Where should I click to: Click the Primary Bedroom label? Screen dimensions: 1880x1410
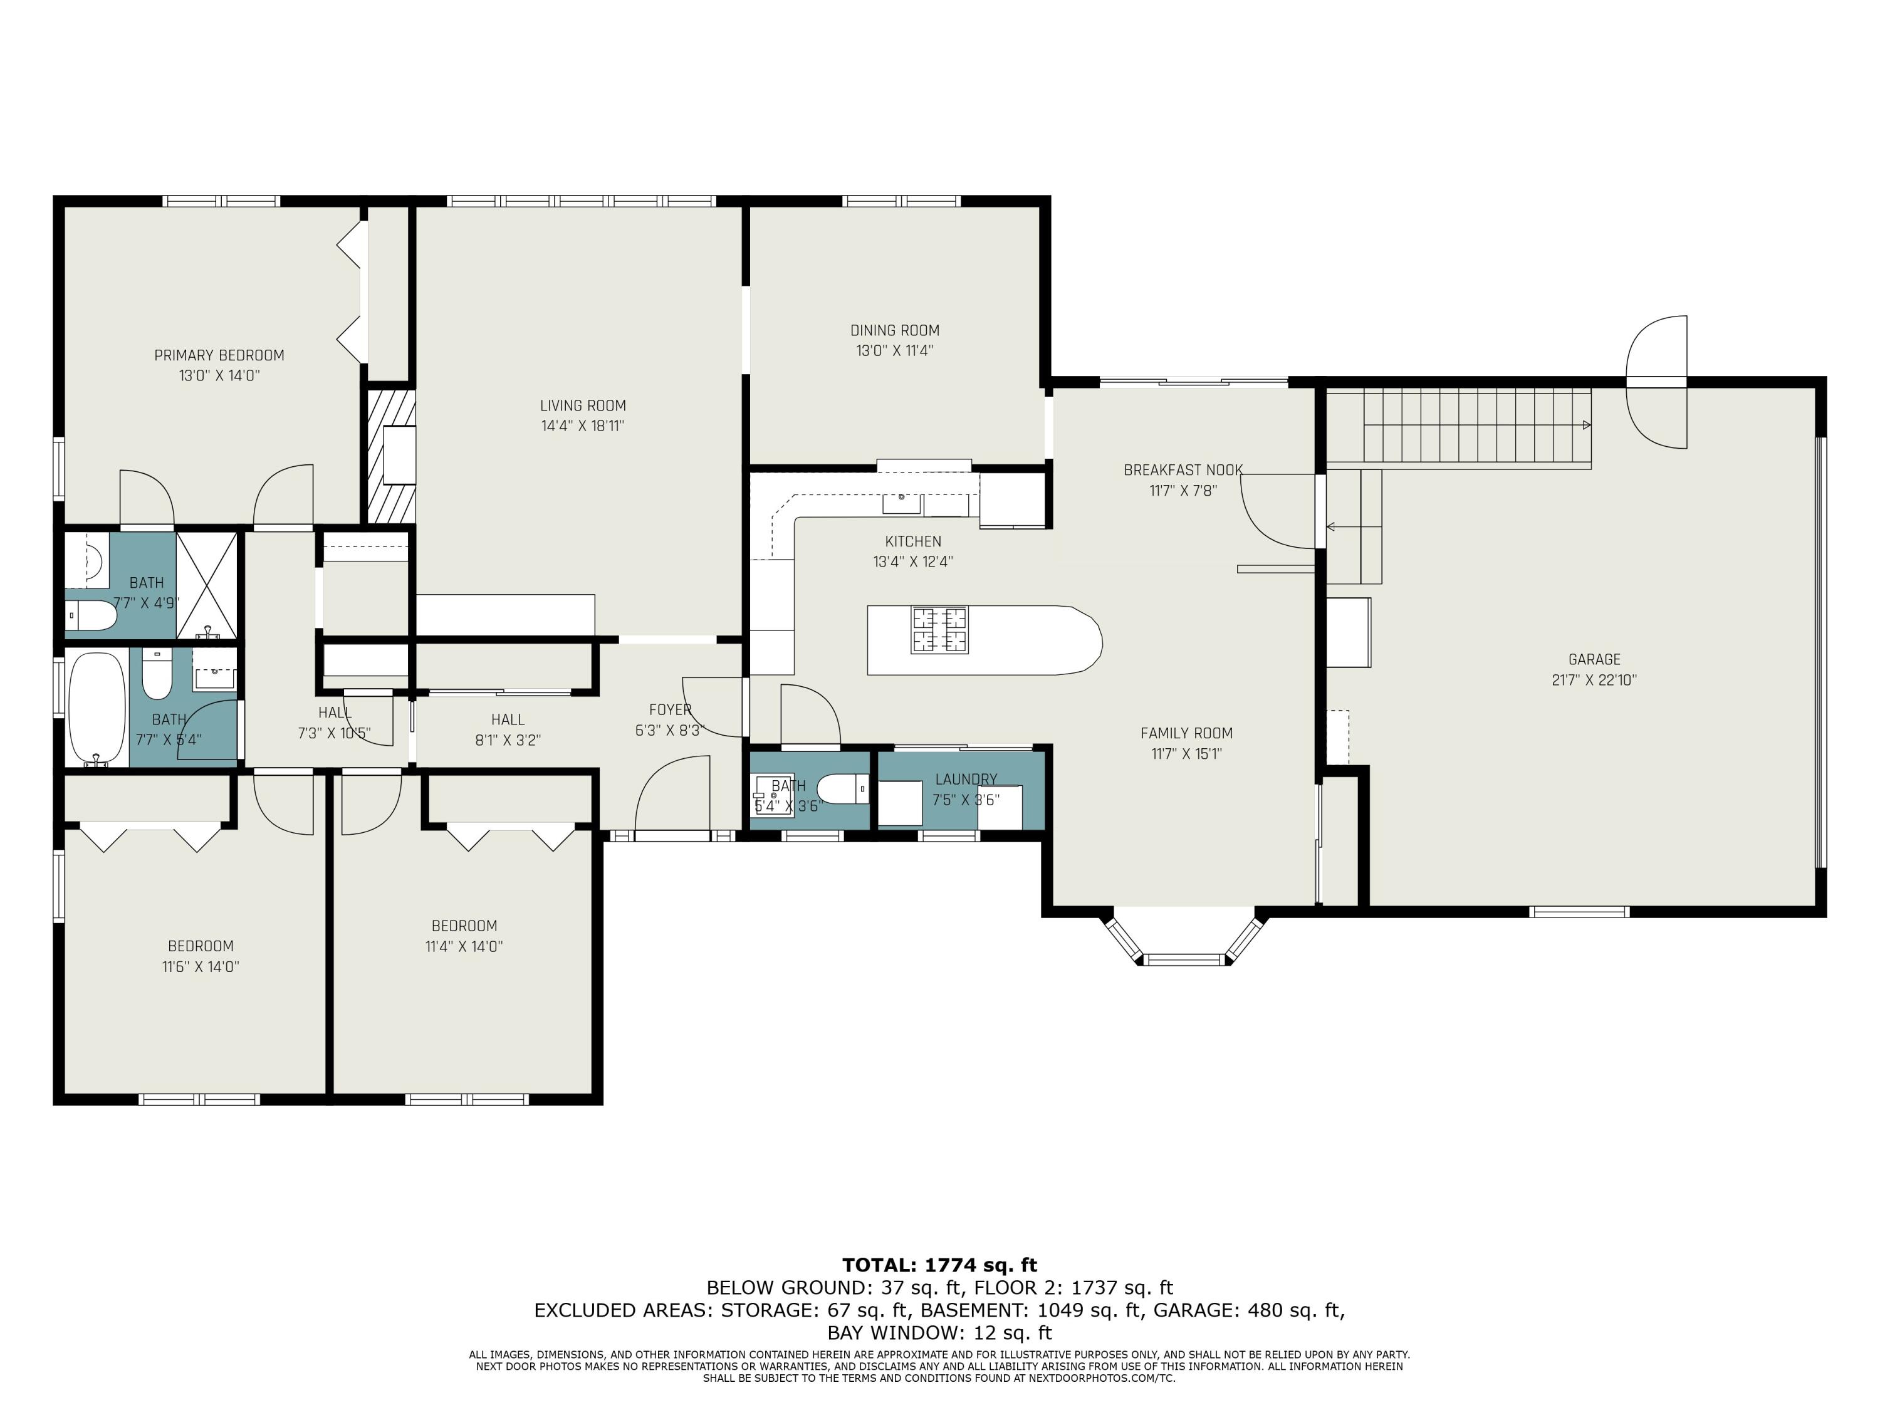pyautogui.click(x=219, y=355)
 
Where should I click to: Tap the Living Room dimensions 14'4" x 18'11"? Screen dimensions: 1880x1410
pyautogui.click(x=583, y=426)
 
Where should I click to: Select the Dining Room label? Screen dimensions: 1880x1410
pyautogui.click(x=895, y=331)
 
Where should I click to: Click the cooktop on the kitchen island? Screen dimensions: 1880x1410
pyautogui.click(x=939, y=629)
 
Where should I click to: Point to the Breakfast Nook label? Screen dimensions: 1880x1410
pyautogui.click(x=1183, y=470)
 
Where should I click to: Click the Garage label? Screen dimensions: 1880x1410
pyautogui.click(x=1594, y=659)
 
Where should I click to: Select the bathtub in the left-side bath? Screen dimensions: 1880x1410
pyautogui.click(x=96, y=709)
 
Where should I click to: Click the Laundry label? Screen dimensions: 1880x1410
pyautogui.click(x=966, y=780)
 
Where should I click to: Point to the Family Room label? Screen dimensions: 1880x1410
pyautogui.click(x=1186, y=733)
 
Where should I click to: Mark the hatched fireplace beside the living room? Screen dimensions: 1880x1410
pyautogui.click(x=391, y=456)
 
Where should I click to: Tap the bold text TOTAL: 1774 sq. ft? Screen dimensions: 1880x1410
pyautogui.click(x=940, y=1265)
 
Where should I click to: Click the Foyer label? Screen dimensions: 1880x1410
pyautogui.click(x=671, y=709)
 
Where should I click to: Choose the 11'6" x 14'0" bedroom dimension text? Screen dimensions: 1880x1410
pyautogui.click(x=201, y=966)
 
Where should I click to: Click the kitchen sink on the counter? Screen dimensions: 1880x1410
pyautogui.click(x=902, y=504)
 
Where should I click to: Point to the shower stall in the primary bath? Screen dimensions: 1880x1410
pyautogui.click(x=207, y=585)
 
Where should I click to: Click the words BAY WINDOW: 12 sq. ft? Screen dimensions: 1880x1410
pyautogui.click(x=939, y=1333)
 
